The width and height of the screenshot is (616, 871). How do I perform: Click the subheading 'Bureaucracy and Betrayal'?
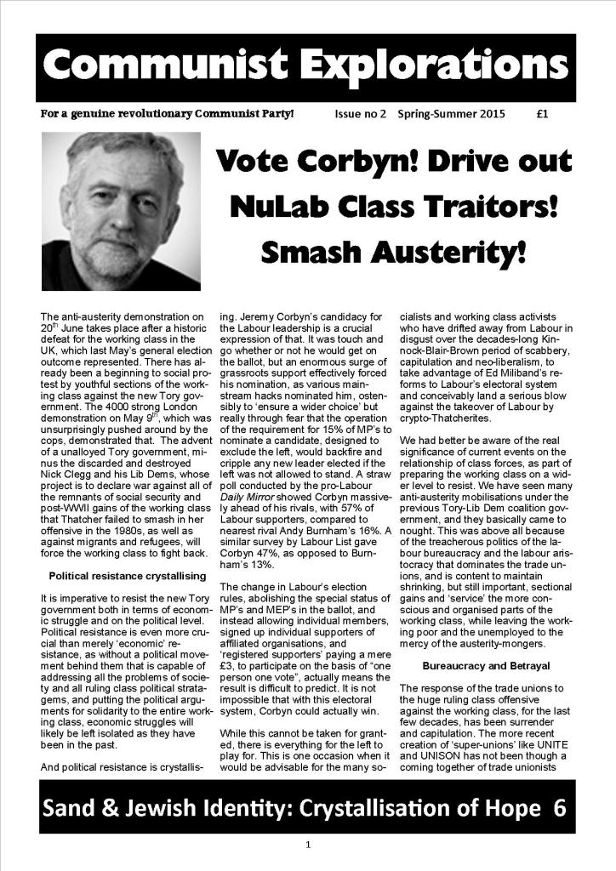click(487, 664)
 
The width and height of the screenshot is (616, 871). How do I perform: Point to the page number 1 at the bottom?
click(308, 845)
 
